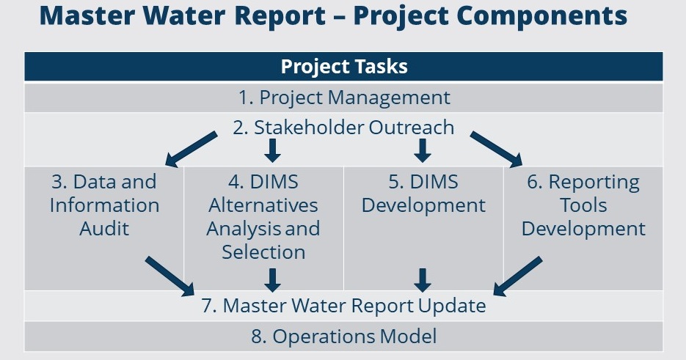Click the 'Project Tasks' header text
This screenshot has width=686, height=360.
(x=344, y=67)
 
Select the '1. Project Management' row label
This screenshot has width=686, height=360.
(x=344, y=97)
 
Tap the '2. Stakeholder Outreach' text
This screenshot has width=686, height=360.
(x=343, y=128)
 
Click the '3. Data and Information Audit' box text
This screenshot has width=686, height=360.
(x=104, y=205)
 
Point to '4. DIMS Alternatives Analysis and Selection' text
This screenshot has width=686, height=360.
(x=263, y=217)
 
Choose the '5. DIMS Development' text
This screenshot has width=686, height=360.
(x=423, y=194)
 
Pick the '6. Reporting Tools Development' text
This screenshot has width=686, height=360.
(x=583, y=205)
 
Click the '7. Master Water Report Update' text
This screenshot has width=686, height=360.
(x=343, y=305)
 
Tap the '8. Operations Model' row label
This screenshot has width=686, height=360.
(x=344, y=336)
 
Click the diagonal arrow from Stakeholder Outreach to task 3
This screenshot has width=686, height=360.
(x=191, y=149)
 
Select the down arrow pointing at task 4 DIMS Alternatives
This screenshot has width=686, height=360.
(x=272, y=150)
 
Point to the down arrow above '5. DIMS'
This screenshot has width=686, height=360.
(x=423, y=150)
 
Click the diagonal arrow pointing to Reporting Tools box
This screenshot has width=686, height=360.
(x=497, y=149)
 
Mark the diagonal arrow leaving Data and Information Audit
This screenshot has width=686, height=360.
(x=169, y=276)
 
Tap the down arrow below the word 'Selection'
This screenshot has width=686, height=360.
(x=272, y=280)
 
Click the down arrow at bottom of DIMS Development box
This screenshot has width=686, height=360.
(x=423, y=280)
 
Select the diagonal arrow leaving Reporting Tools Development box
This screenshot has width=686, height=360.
(x=518, y=276)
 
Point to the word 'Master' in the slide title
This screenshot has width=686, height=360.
(x=87, y=15)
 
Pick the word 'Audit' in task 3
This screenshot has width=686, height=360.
(x=104, y=229)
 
